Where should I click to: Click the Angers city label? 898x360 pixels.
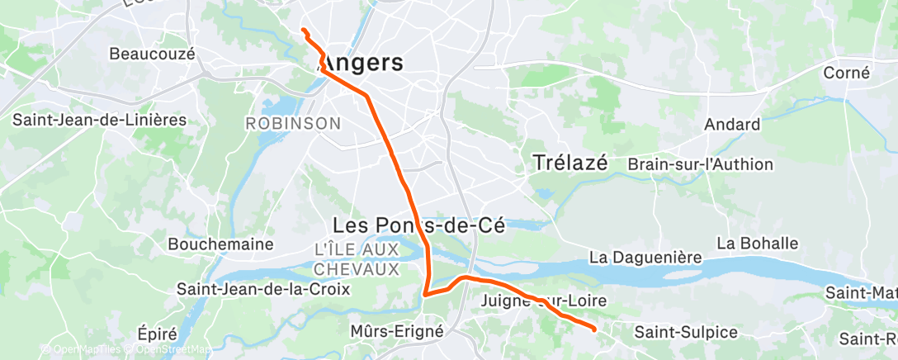tap(361, 63)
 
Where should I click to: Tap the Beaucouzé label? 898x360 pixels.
tap(152, 54)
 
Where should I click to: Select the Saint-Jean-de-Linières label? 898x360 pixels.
tap(100, 120)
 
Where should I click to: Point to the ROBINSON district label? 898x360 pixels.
tap(293, 123)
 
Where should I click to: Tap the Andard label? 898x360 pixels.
tap(732, 125)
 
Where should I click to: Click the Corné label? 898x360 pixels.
tap(846, 73)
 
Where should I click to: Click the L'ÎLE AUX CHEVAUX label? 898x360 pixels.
tap(357, 259)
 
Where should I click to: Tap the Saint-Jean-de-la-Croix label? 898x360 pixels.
tap(263, 289)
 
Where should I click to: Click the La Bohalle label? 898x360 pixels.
tap(757, 244)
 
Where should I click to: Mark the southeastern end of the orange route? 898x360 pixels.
tap(594, 329)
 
